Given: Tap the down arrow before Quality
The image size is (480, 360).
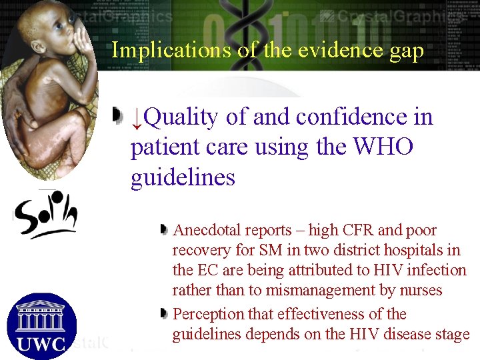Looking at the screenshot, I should click(136, 119).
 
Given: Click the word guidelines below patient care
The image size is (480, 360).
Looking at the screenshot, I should click(183, 178).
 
